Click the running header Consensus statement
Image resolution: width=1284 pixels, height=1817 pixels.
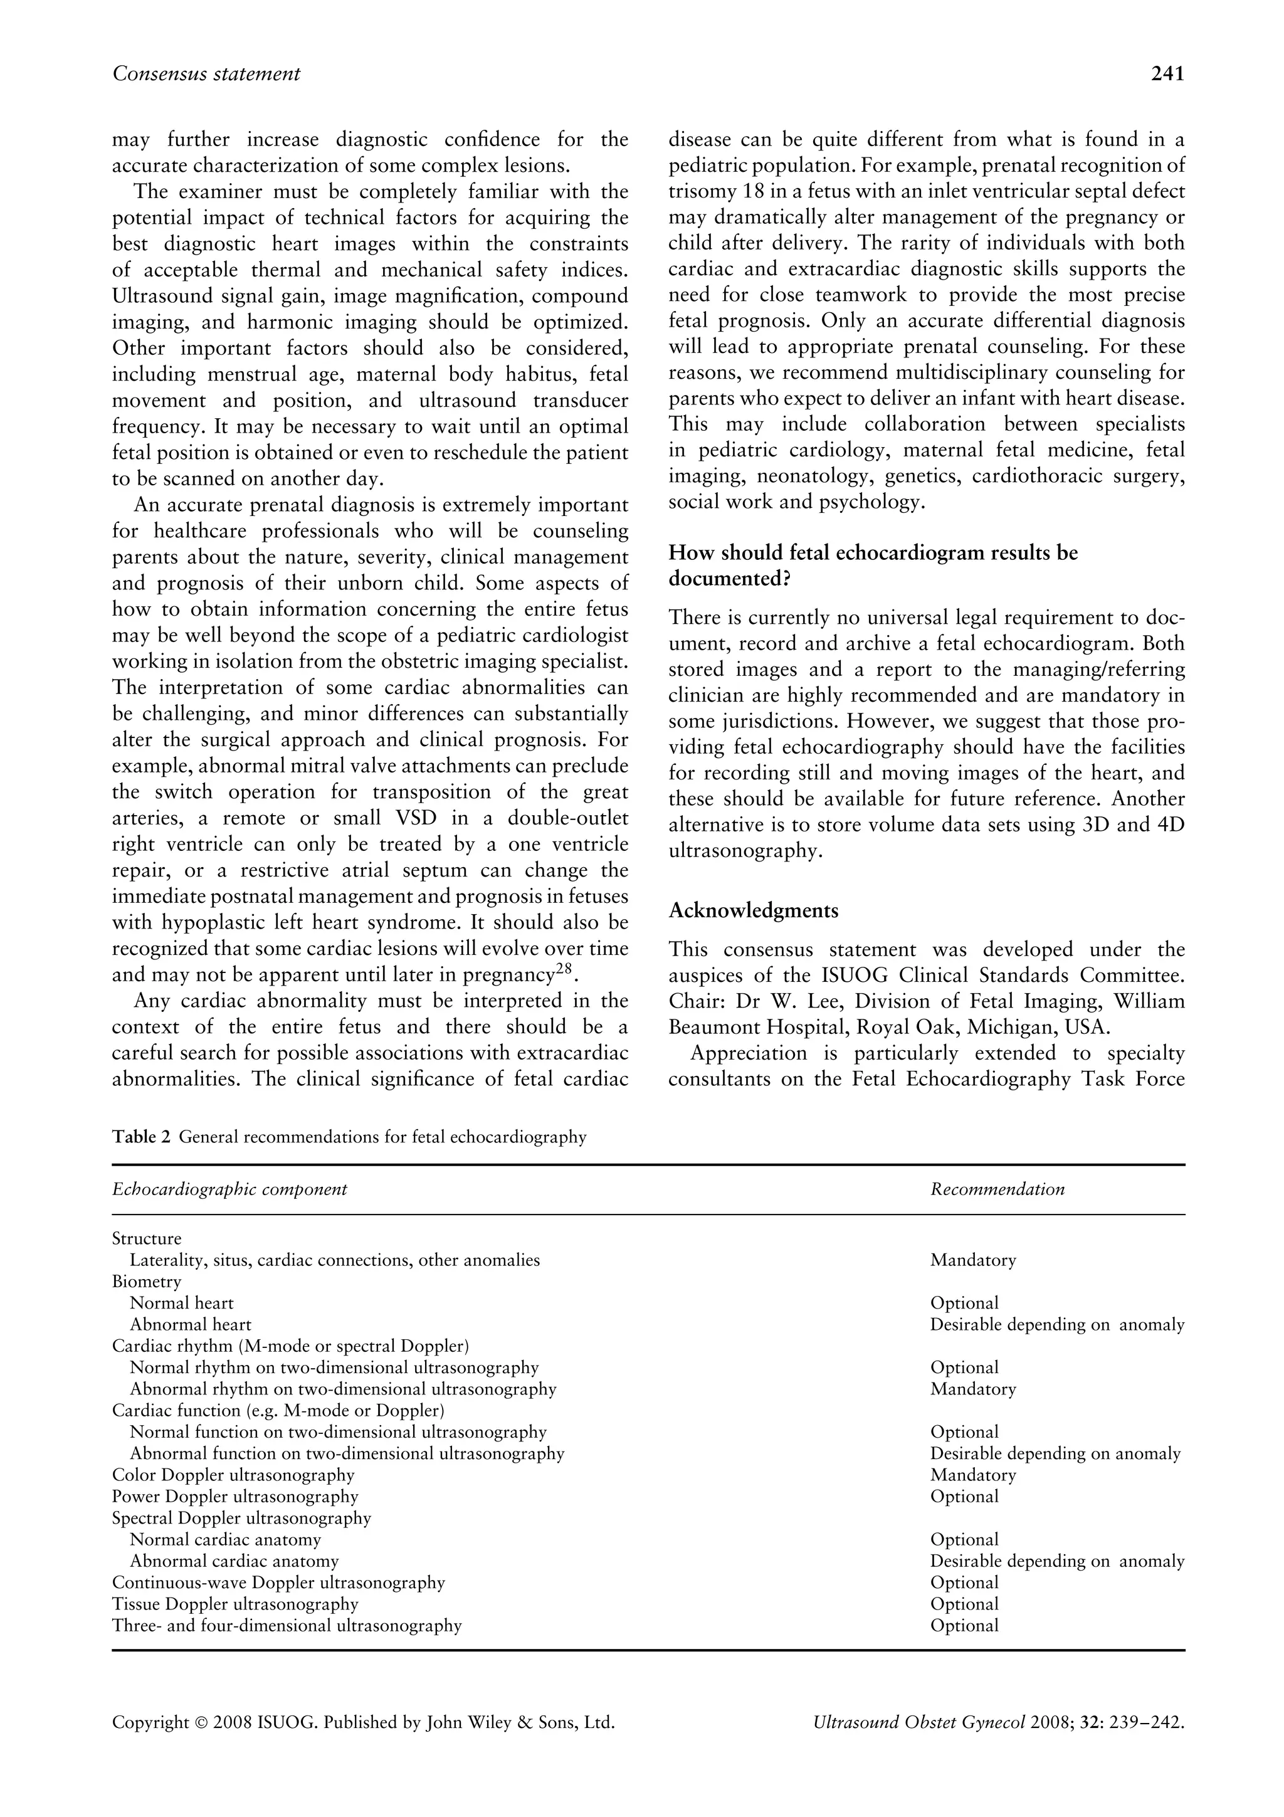pyautogui.click(x=206, y=73)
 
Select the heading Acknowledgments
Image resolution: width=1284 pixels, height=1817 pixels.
pyautogui.click(x=753, y=910)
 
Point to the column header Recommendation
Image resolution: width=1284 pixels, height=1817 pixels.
pyautogui.click(x=997, y=1189)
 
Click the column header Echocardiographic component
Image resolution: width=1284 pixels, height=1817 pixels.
pyautogui.click(x=229, y=1189)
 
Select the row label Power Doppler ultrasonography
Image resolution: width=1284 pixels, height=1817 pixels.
pyautogui.click(x=235, y=1497)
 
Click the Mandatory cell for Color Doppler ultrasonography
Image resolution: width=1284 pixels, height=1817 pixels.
pyautogui.click(x=972, y=1475)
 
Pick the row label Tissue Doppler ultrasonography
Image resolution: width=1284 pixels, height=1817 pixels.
pyautogui.click(x=235, y=1604)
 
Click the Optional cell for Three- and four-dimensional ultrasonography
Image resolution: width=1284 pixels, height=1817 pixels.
pyautogui.click(x=964, y=1626)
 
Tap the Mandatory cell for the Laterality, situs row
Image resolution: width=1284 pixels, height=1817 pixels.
pyautogui.click(x=972, y=1260)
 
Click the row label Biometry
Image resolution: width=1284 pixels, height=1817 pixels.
pyautogui.click(x=146, y=1281)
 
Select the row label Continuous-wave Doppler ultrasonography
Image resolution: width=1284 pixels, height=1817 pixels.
pyautogui.click(x=278, y=1583)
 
